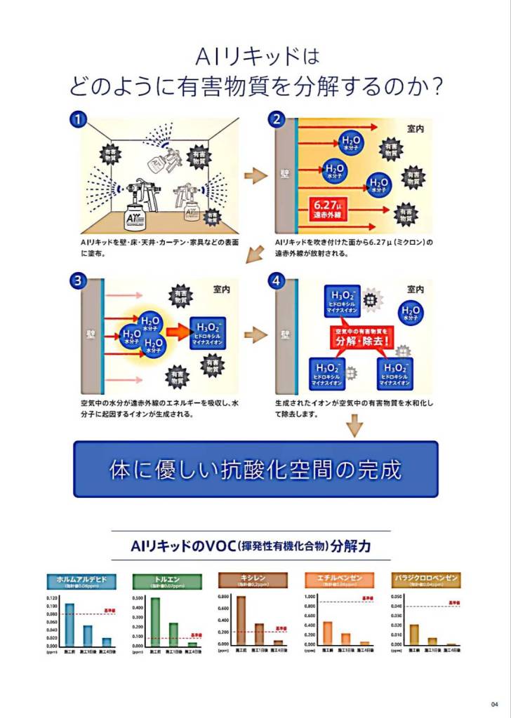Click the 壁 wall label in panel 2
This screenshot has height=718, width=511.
click(285, 172)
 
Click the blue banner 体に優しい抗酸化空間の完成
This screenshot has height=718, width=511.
click(255, 469)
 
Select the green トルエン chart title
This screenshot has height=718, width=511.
click(167, 581)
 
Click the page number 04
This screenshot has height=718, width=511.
click(495, 705)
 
